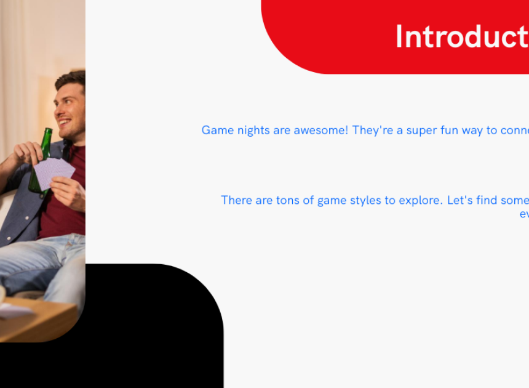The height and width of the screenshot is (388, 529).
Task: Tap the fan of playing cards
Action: tap(54, 173)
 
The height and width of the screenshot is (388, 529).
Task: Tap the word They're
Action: tap(373, 131)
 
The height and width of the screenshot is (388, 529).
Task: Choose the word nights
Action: tap(253, 131)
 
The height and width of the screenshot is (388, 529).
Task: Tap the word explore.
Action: tap(421, 201)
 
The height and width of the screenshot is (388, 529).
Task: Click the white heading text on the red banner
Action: tap(462, 36)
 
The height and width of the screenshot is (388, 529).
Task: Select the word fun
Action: tap(450, 131)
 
